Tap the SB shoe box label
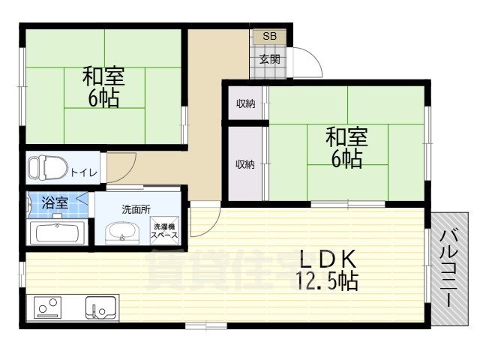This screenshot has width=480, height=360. point(268,36)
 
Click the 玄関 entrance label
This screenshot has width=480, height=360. point(268,59)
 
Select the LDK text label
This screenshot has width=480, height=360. point(327,259)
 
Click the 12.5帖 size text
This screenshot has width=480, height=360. point(327,282)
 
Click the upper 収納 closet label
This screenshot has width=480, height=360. point(244,104)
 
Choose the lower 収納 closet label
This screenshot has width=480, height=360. point(244,164)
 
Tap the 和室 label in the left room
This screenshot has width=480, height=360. point(103,76)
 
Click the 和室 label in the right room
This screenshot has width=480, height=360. point(346,137)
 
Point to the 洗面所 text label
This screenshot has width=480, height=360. point(137,208)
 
